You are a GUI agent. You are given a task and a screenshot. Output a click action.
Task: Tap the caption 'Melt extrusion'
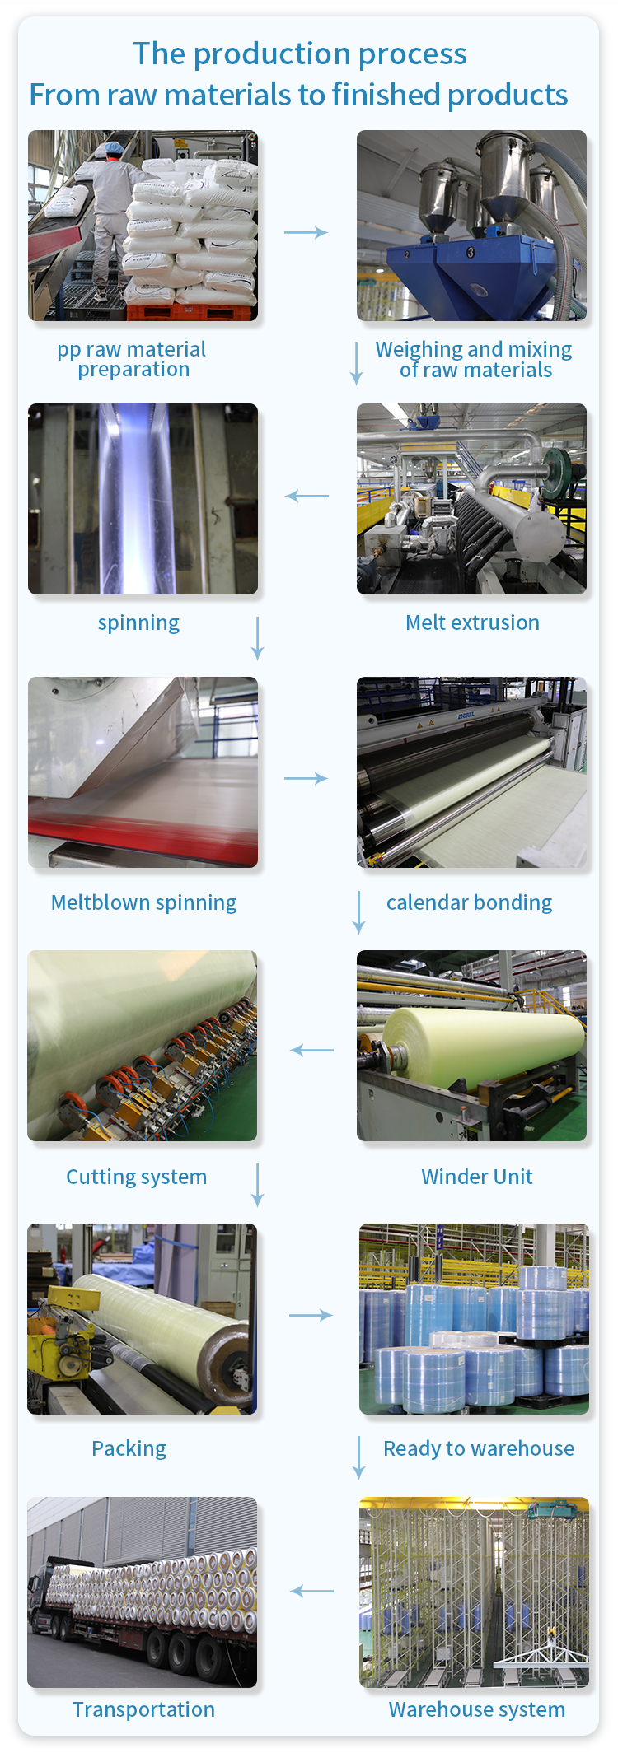[472, 622]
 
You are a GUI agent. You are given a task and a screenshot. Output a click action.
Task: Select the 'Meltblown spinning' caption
[143, 903]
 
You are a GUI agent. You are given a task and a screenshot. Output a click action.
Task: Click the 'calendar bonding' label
[469, 902]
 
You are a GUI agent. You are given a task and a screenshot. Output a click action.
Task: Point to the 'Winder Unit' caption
[477, 1177]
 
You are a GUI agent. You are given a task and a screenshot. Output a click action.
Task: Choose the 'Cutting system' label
[136, 1177]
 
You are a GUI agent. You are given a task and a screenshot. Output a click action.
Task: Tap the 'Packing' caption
[129, 1449]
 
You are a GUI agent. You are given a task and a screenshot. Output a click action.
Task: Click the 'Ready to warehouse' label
[479, 1449]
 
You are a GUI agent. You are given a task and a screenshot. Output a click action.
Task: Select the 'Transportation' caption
[143, 1709]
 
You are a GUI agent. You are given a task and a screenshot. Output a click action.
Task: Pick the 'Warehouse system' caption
[477, 1710]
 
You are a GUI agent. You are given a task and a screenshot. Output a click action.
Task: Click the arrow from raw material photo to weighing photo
[306, 233]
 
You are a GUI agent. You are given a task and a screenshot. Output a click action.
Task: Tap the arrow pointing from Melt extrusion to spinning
[307, 496]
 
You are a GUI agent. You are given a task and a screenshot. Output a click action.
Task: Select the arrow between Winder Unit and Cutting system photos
[312, 1050]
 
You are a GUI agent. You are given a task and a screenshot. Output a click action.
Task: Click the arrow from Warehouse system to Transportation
[312, 1591]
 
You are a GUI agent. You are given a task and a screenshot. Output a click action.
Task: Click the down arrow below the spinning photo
[257, 638]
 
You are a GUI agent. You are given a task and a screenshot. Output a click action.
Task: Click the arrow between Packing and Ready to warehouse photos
[311, 1315]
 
